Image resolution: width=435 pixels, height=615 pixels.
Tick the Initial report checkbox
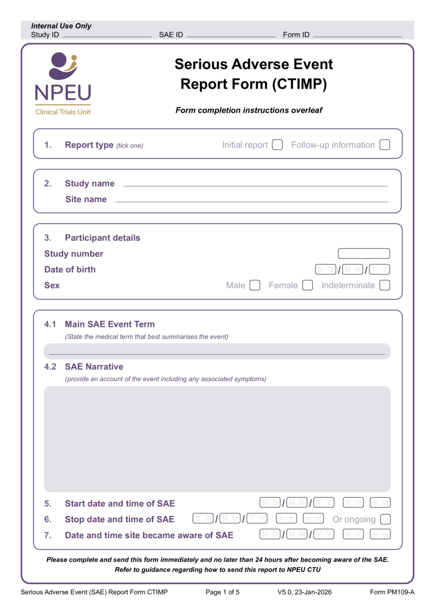pyautogui.click(x=278, y=145)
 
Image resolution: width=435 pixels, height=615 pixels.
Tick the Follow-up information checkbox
pyautogui.click(x=385, y=145)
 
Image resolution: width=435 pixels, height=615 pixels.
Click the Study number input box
pyautogui.click(x=364, y=253)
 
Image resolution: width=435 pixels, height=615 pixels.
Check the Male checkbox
pyautogui.click(x=255, y=285)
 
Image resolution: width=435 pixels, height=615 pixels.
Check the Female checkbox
pyautogui.click(x=308, y=285)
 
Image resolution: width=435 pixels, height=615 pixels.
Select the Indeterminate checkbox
pyautogui.click(x=385, y=285)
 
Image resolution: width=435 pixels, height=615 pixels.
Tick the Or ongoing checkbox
pyautogui.click(x=385, y=519)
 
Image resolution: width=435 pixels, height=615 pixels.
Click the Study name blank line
pyautogui.click(x=255, y=183)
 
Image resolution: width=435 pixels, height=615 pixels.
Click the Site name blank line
pyautogui.click(x=251, y=199)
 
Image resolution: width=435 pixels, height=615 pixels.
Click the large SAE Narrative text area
pyautogui.click(x=217, y=439)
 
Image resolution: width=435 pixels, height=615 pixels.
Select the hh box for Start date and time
pyautogui.click(x=353, y=503)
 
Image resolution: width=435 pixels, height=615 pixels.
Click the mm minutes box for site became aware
pyautogui.click(x=380, y=535)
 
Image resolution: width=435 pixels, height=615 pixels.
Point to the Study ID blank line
pyautogui.click(x=107, y=35)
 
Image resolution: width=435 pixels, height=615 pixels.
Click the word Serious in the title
pyautogui.click(x=202, y=64)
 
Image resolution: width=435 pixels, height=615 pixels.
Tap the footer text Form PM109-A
pyautogui.click(x=392, y=592)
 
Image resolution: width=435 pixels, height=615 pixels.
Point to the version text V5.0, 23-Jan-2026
pyautogui.click(x=305, y=592)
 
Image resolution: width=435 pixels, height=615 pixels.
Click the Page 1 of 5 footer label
pyautogui.click(x=223, y=592)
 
